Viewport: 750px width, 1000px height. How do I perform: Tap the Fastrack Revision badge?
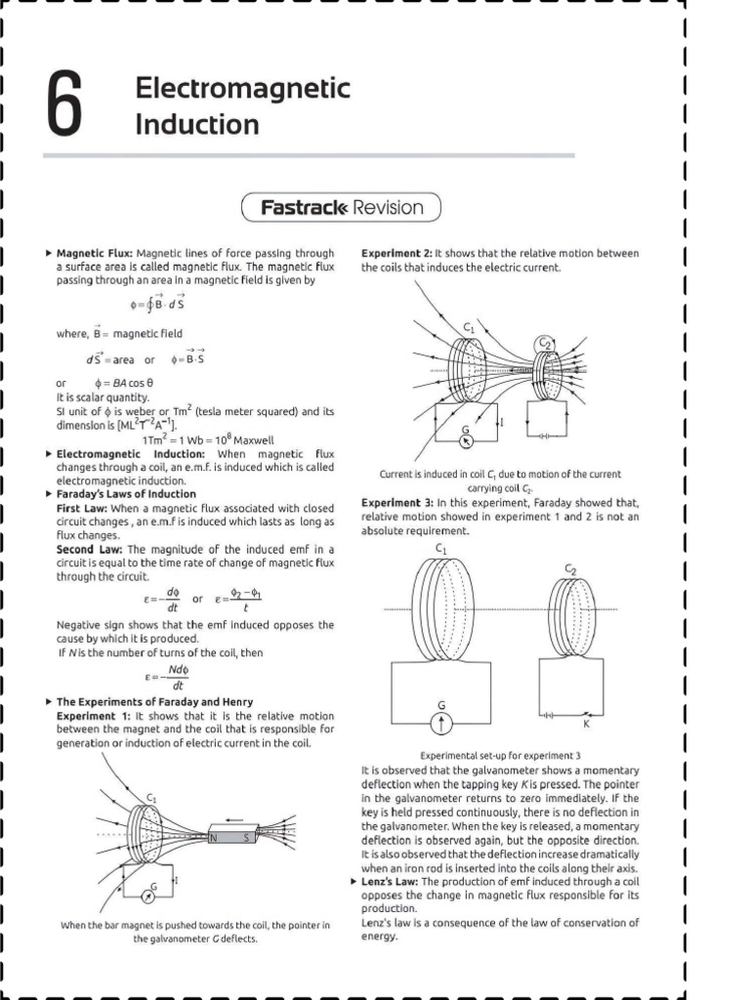point(341,207)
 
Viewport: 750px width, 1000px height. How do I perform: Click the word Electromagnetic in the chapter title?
point(243,89)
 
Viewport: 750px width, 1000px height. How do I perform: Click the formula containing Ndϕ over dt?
point(177,678)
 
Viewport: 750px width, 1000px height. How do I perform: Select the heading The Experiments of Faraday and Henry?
point(154,702)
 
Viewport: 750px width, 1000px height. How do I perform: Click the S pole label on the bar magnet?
point(246,837)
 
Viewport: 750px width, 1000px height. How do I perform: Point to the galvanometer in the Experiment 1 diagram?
point(151,894)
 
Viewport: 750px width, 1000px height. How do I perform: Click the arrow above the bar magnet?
point(233,818)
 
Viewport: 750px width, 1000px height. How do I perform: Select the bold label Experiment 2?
point(396,253)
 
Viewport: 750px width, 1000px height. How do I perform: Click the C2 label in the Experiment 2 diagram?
point(544,342)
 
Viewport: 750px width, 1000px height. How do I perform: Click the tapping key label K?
point(586,724)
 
